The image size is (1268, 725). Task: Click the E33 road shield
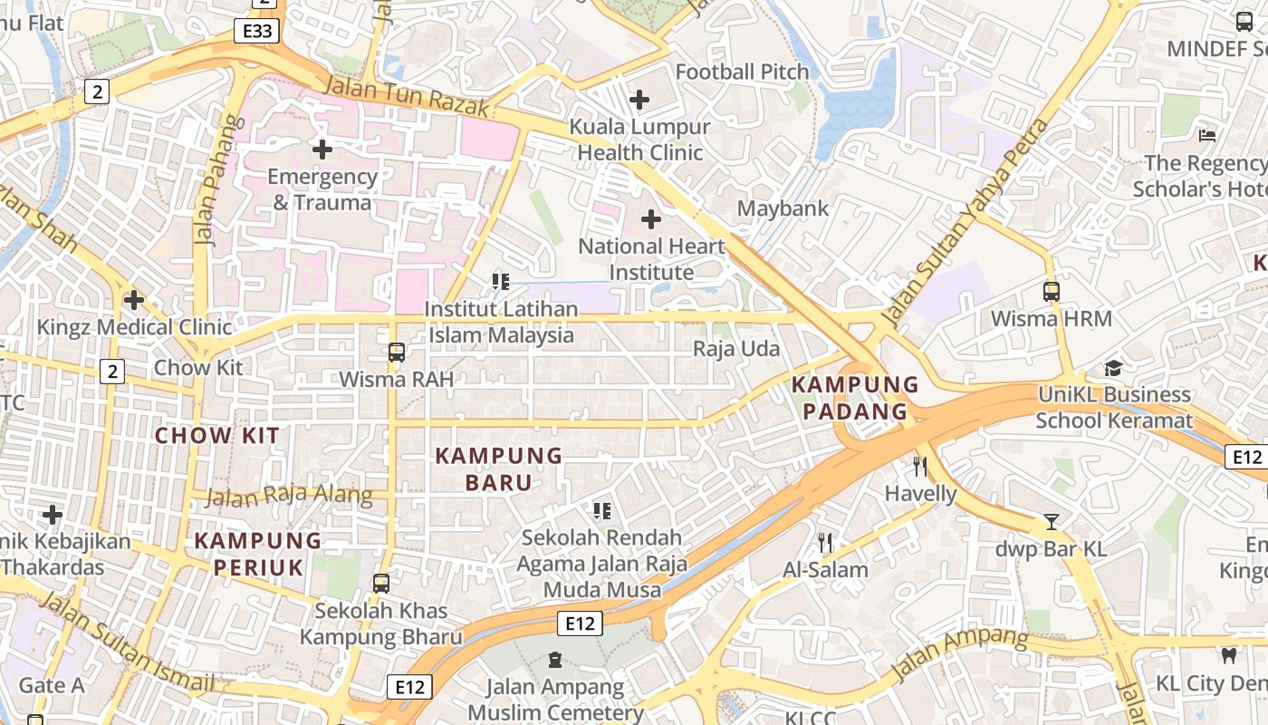256,32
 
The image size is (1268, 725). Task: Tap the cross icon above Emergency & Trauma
322,150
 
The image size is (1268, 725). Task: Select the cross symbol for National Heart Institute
650,219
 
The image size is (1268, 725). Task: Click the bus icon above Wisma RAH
396,353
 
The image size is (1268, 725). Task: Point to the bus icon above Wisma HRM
1051,292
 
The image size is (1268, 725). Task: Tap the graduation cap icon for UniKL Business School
1113,368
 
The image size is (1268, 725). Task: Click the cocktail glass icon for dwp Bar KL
1051,522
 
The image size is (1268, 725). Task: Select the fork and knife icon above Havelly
920,467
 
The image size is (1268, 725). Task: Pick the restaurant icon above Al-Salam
824,543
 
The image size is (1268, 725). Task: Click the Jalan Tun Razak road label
407,97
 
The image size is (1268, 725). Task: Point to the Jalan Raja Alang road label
289,495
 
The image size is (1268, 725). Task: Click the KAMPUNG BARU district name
499,469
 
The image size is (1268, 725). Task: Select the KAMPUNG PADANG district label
855,398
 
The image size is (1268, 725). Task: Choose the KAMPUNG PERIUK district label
258,554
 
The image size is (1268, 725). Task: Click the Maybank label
783,208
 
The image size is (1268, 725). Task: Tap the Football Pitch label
742,72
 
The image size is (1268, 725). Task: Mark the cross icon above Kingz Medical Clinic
134,299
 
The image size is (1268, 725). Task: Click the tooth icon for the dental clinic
1229,655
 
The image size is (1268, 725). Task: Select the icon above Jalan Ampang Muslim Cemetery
554,660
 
